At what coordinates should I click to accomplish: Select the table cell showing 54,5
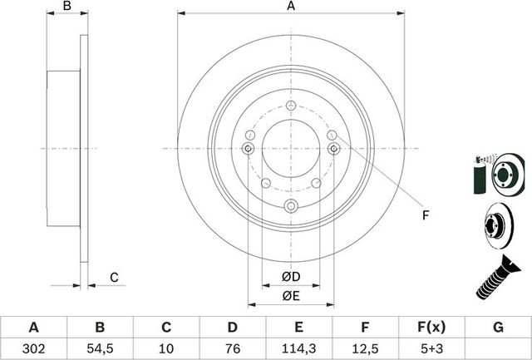tap(100, 348)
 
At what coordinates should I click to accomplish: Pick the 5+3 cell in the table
tap(432, 348)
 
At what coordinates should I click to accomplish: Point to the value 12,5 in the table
tap(366, 348)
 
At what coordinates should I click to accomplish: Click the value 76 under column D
tap(233, 348)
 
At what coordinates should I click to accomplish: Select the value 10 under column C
tap(166, 348)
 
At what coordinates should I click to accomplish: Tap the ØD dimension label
tap(290, 275)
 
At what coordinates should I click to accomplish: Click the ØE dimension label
tap(290, 295)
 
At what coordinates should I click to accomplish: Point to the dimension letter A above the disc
tap(291, 7)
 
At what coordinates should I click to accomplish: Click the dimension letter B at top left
tap(68, 7)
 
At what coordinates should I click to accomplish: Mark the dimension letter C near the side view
tap(115, 277)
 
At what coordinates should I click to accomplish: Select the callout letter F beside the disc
tap(425, 216)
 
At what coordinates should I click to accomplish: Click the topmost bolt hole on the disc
tap(290, 106)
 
